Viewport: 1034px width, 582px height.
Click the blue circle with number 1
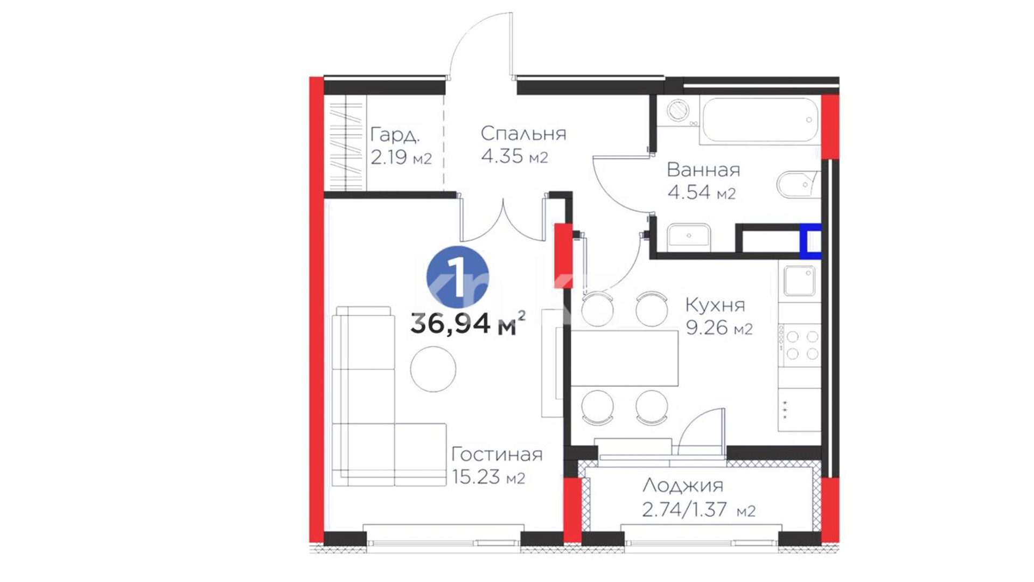[458, 278]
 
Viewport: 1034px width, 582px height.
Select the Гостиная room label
[497, 454]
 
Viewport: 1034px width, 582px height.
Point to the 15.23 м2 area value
[488, 477]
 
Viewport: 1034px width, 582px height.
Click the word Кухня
[715, 306]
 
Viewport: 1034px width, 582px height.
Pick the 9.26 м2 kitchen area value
[719, 328]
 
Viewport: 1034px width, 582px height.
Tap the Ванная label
[703, 170]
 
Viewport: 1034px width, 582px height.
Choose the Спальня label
[523, 133]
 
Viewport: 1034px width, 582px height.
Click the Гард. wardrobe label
[395, 135]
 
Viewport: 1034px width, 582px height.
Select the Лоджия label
[683, 486]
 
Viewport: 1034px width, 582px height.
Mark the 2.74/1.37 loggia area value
[698, 509]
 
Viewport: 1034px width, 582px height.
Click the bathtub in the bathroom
[760, 120]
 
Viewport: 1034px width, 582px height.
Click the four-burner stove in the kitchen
[799, 345]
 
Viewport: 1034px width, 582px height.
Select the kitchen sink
[799, 281]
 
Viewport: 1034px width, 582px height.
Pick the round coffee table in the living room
[433, 369]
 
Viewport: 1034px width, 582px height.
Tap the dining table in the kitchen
[624, 358]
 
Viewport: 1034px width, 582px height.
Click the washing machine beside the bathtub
[678, 111]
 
